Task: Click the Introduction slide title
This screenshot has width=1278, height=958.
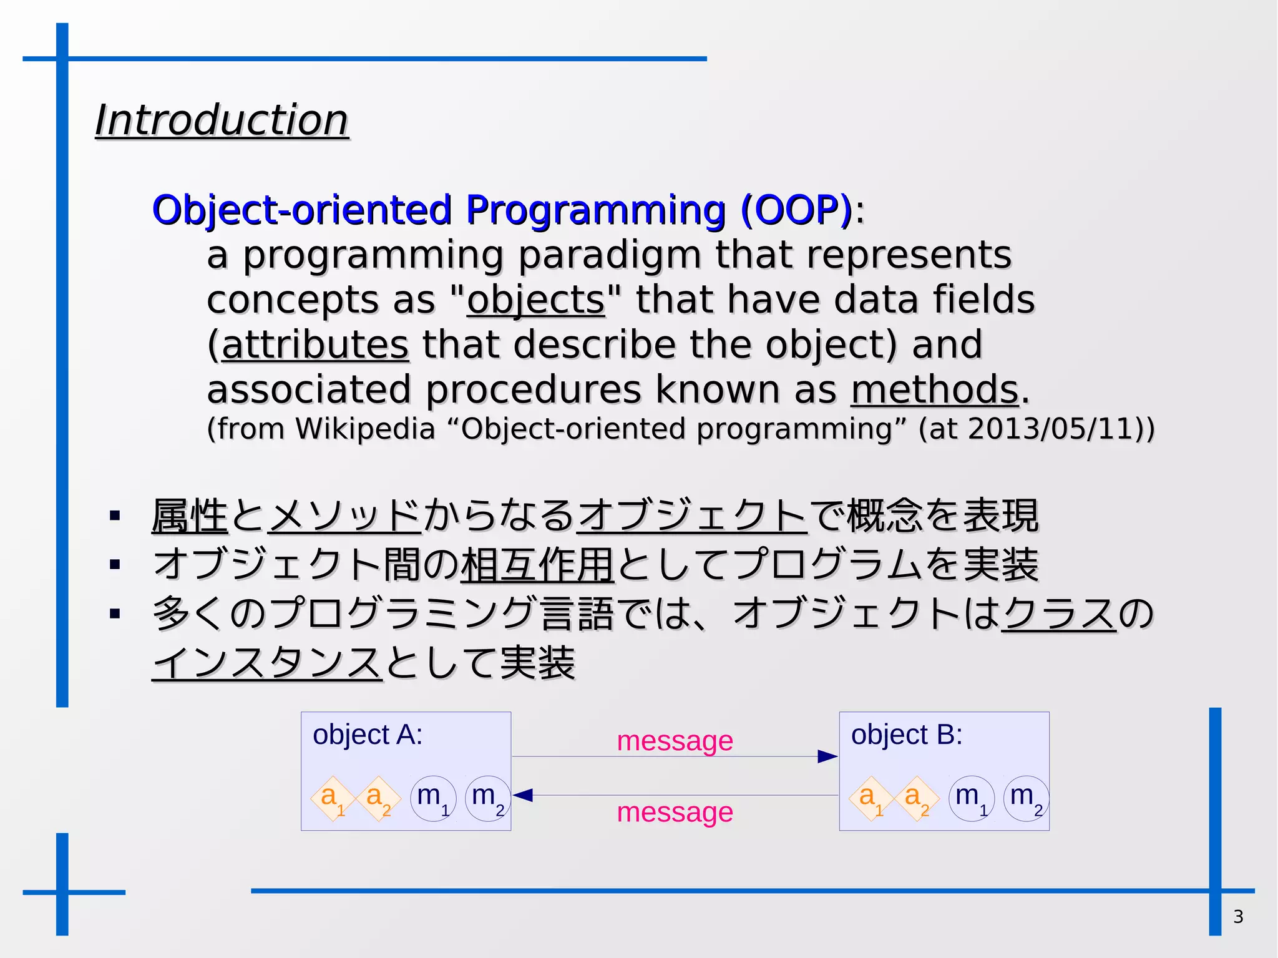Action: (x=222, y=120)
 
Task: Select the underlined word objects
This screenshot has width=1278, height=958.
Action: (x=535, y=300)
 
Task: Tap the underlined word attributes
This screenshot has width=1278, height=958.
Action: (x=316, y=345)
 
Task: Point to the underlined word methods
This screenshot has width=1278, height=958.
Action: (x=934, y=389)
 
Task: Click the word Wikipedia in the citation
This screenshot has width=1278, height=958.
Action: (x=364, y=429)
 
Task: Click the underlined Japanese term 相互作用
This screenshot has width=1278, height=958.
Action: (x=537, y=564)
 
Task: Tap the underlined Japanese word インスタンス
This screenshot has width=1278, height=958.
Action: (x=266, y=662)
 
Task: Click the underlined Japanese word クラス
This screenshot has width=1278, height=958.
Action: (x=1059, y=613)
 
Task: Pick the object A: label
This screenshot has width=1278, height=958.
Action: (x=368, y=735)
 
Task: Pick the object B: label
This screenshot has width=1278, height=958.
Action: (x=906, y=735)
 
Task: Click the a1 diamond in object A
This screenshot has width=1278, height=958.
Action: (x=333, y=798)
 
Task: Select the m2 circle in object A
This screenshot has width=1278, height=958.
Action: (x=488, y=798)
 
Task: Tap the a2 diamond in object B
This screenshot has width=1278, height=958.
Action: (x=917, y=798)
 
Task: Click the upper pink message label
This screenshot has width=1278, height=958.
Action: (x=675, y=741)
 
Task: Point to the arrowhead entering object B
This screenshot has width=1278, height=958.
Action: (x=827, y=756)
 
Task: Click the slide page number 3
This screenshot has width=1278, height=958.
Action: (x=1238, y=916)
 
